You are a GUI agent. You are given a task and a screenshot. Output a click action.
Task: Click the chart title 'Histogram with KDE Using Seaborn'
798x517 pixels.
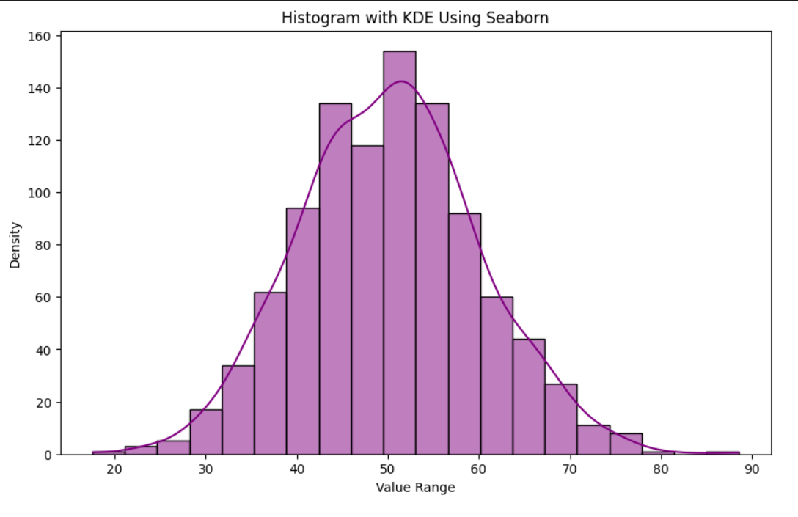coord(415,18)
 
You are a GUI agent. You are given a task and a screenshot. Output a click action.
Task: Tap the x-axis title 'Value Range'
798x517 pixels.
coord(415,488)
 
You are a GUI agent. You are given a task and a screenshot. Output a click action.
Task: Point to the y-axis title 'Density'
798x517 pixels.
coord(15,245)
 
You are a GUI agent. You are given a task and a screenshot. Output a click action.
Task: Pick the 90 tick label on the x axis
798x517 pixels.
coord(752,469)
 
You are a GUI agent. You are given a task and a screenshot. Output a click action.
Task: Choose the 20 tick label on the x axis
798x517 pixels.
coord(114,469)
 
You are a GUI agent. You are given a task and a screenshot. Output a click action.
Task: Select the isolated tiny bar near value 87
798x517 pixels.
coord(722,453)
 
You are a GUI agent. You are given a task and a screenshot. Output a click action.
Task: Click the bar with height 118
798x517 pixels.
coord(367,301)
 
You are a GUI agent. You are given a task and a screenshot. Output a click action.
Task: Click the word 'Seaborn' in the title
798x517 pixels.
coord(521,18)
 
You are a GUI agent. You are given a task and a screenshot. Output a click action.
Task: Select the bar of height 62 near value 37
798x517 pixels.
coord(270,373)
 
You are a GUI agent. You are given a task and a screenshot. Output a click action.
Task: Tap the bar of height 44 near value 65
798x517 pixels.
coord(529,397)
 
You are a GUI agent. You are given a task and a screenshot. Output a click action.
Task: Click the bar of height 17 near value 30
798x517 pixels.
coord(205,432)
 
